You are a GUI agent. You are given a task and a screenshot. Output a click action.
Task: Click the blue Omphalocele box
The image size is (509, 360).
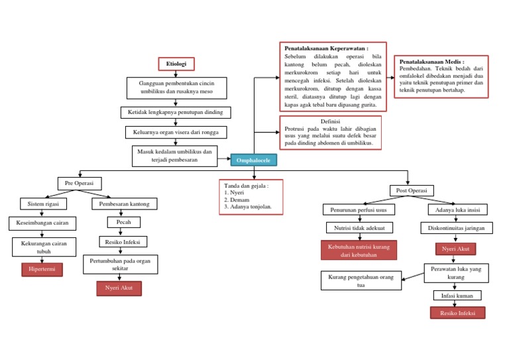254,160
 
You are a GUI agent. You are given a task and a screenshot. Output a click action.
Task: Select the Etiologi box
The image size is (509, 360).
176,64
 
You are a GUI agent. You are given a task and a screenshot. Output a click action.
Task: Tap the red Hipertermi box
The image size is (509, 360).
42,269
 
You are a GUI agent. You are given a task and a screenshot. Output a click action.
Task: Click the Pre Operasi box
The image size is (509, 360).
79,183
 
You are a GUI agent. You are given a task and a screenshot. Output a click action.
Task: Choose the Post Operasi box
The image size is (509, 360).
411,190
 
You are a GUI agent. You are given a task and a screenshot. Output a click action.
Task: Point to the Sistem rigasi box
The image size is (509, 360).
43,204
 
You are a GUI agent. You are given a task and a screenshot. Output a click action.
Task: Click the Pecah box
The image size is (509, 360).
123,222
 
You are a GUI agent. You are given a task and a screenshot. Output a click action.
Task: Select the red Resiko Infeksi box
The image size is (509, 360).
457,312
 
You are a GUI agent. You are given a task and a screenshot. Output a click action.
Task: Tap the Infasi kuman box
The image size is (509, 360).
457,295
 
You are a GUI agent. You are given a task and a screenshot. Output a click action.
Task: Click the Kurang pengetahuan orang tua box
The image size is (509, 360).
361,280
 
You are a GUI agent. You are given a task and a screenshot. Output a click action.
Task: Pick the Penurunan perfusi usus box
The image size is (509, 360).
359,210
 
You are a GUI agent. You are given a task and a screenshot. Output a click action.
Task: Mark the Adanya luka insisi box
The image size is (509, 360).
457,210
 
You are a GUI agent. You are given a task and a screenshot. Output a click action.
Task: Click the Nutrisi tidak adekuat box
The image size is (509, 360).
359,227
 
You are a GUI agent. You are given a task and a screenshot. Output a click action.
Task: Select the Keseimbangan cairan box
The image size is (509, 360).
42,223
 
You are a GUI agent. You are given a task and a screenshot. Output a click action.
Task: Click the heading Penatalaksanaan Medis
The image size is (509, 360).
432,61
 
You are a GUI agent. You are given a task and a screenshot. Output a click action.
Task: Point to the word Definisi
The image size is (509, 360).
330,121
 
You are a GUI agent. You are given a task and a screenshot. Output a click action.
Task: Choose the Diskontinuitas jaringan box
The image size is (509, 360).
457,227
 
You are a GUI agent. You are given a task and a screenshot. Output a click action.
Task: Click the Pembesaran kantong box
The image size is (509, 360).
125,204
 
